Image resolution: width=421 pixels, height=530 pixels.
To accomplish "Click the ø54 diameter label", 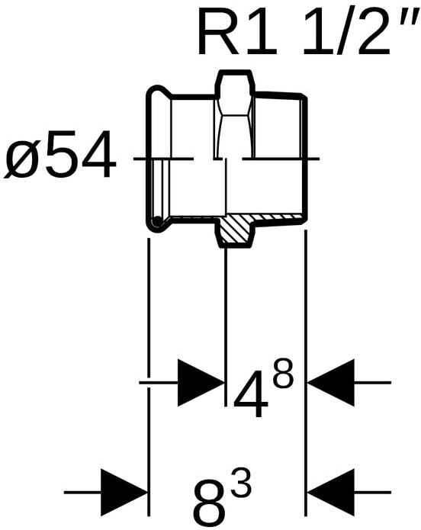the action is coord(60,155).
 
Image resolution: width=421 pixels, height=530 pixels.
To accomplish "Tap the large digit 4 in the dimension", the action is coord(251,394).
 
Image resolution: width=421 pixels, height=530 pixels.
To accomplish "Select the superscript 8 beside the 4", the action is coord(283,374).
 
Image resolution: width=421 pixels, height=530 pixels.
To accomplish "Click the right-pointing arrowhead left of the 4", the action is coord(201,383).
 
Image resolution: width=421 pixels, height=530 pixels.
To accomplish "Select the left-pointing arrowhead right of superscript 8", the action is coord(331,383).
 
